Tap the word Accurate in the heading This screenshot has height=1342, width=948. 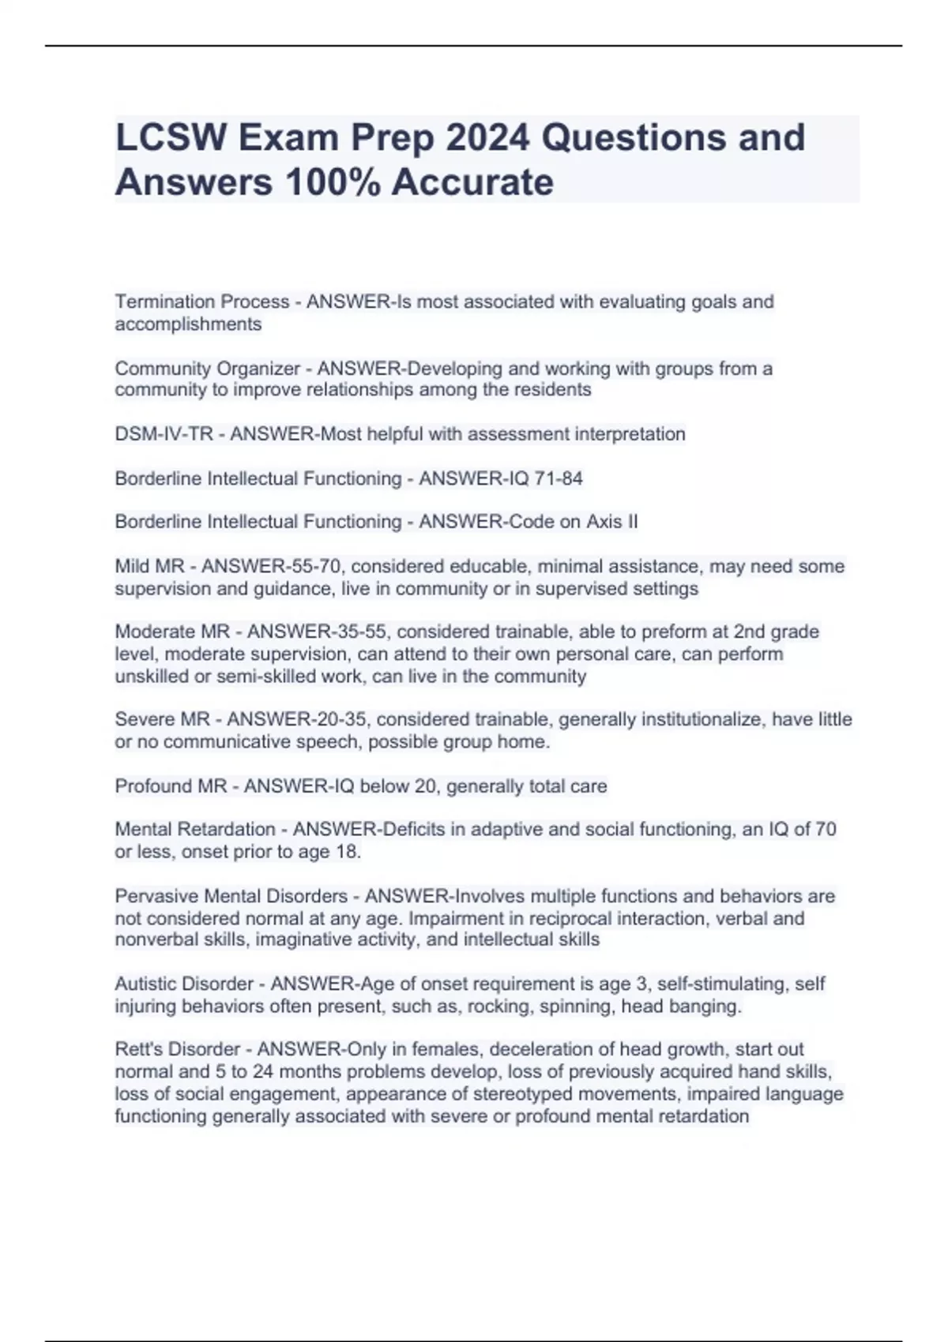pyautogui.click(x=472, y=182)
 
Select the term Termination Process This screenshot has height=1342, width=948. pyautogui.click(x=202, y=302)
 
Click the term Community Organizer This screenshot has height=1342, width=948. pyautogui.click(x=208, y=369)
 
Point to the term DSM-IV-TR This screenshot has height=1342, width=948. pyautogui.click(x=164, y=434)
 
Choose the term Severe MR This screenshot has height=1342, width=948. pyautogui.click(x=162, y=719)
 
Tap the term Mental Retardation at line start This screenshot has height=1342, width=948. pyautogui.click(x=195, y=830)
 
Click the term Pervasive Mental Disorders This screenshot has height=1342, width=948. pyautogui.click(x=231, y=897)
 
